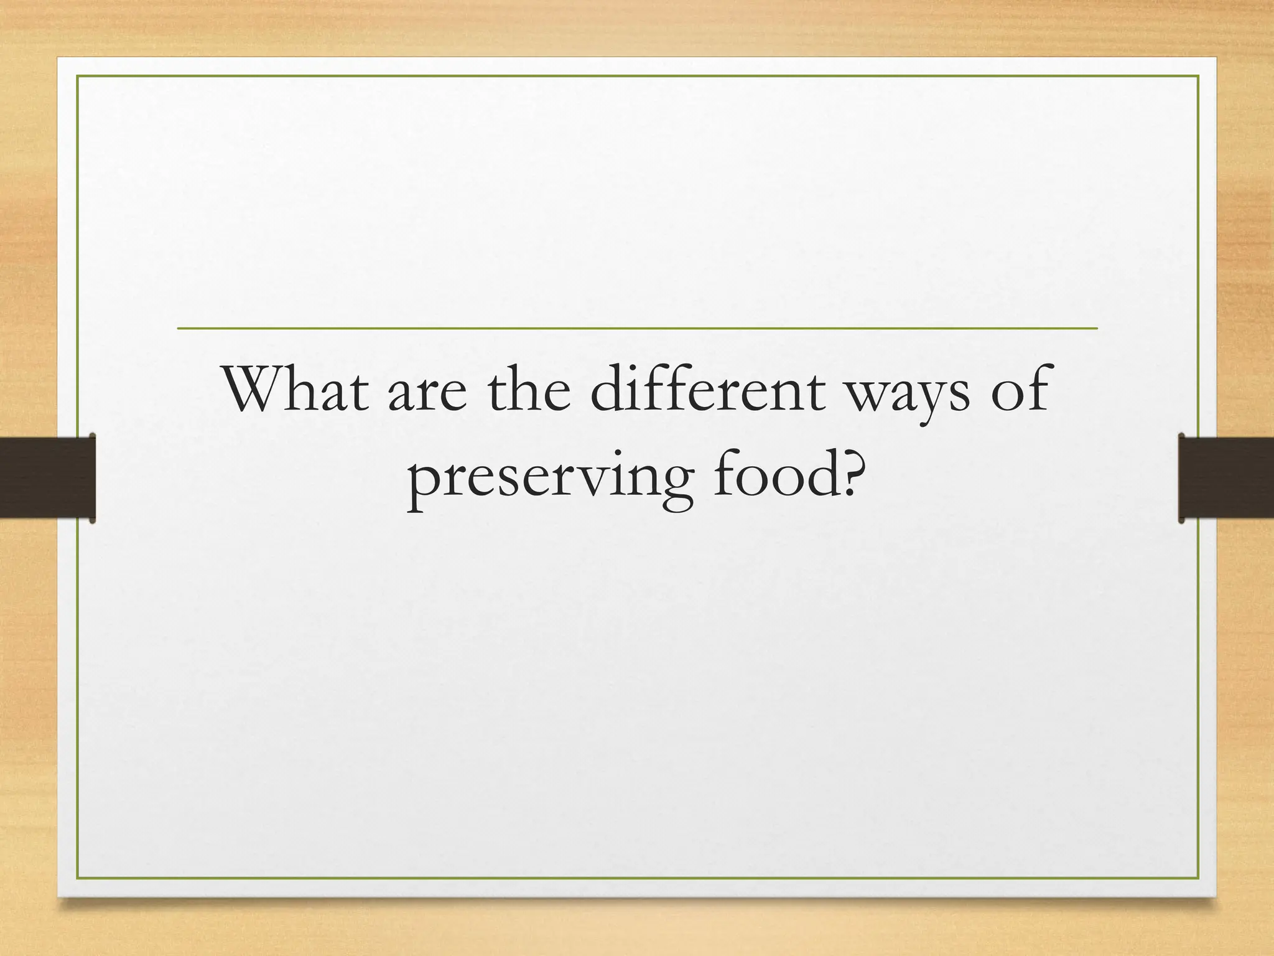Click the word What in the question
point(295,390)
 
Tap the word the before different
point(529,390)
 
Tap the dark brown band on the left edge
point(47,477)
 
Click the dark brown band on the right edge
point(1226,477)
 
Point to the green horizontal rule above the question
point(637,328)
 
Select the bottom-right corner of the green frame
point(1197,878)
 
